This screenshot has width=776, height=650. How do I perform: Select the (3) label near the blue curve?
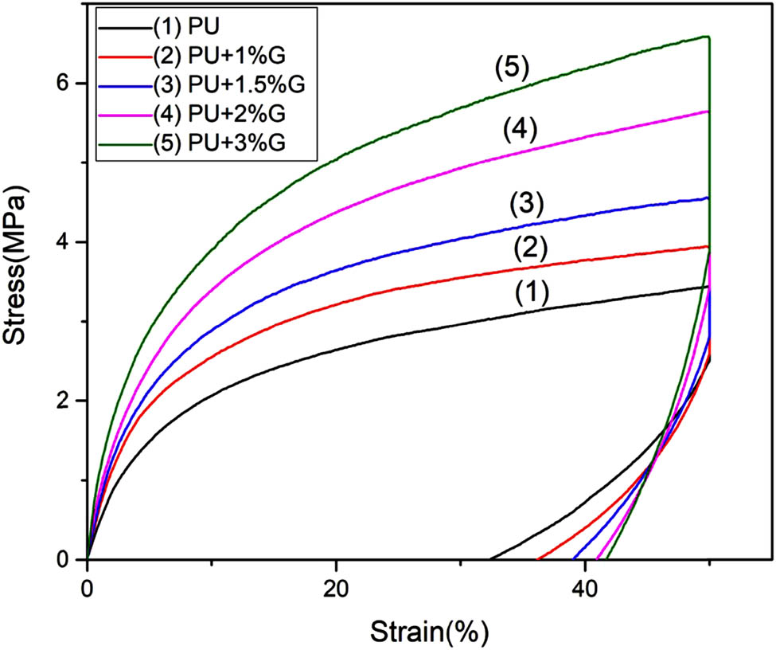click(525, 205)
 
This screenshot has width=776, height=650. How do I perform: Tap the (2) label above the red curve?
click(529, 250)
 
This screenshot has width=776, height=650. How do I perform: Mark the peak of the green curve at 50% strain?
click(708, 37)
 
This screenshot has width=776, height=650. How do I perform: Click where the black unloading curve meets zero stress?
click(489, 558)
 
